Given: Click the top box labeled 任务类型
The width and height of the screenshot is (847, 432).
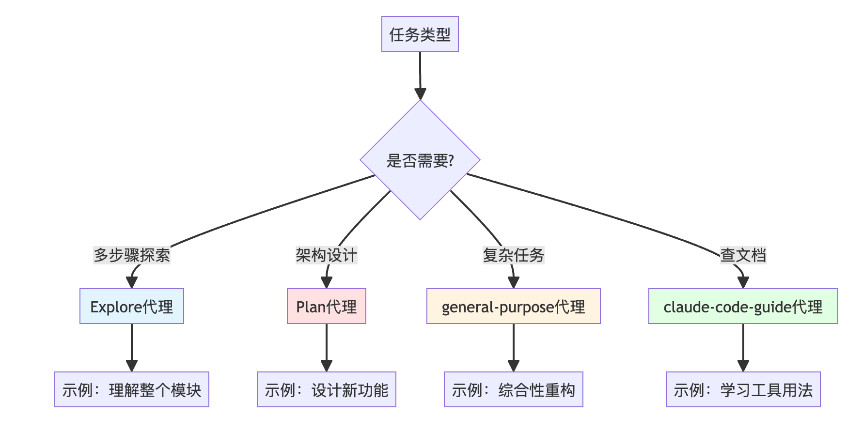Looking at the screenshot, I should point(420,34).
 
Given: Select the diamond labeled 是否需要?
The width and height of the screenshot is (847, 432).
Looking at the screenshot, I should point(420,160).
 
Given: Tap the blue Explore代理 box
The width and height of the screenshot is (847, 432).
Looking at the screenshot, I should point(131,306).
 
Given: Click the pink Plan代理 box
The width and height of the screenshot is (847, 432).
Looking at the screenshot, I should point(326,306).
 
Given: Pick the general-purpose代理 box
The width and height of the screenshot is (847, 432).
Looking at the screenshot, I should point(513,306).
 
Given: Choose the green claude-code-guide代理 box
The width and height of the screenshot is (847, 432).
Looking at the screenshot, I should point(743,306).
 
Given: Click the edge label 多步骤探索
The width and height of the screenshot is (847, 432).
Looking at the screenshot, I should point(131,255).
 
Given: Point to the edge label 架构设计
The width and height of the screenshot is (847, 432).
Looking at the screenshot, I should point(326,255).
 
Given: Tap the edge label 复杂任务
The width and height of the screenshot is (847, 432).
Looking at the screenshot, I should point(513,255).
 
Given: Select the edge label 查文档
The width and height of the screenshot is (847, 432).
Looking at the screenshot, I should point(743,255).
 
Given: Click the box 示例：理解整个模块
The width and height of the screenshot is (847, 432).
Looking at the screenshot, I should point(131,389).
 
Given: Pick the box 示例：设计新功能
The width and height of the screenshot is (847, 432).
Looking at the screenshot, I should point(326,389).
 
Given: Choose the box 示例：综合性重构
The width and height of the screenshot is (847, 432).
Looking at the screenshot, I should point(513,389).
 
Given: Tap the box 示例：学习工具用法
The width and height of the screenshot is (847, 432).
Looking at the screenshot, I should point(743,389).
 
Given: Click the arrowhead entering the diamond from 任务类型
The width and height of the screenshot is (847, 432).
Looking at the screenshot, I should point(420,94).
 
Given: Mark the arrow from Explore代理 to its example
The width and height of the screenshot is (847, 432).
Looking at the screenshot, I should point(131,348).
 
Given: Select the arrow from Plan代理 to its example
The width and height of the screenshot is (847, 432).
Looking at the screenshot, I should point(326,348).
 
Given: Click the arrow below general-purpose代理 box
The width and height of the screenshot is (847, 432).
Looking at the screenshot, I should point(513,348).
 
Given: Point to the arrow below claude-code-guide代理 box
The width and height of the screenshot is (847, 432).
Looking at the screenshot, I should point(743,348).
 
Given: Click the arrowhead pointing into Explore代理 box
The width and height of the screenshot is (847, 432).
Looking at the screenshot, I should point(131,282).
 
